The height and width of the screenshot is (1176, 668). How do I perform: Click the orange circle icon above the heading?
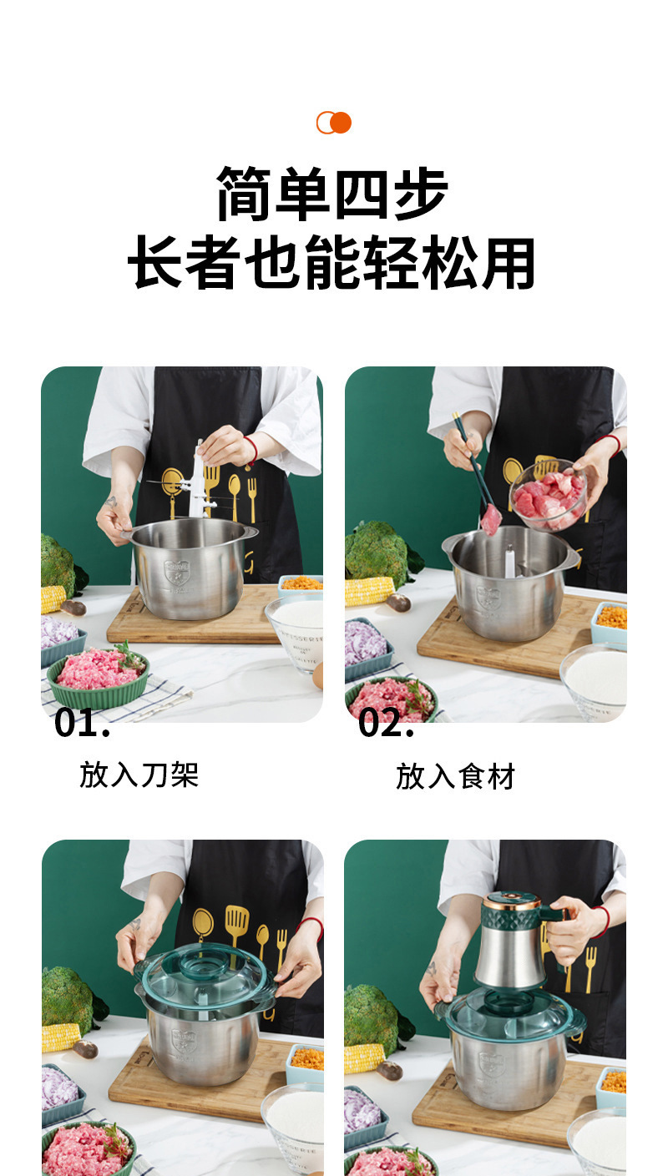click(x=334, y=123)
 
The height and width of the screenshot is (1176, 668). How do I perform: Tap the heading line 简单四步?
click(x=332, y=194)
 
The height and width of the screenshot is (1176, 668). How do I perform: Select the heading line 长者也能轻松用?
click(x=331, y=263)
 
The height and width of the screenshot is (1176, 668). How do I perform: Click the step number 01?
click(x=82, y=723)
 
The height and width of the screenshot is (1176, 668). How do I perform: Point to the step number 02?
click(x=386, y=723)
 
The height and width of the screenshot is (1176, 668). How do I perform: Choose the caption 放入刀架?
click(x=139, y=775)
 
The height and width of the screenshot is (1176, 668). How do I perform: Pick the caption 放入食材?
click(x=456, y=776)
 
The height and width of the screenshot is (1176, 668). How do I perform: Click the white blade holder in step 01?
click(x=199, y=482)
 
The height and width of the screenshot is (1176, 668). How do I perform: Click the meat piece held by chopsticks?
click(x=491, y=520)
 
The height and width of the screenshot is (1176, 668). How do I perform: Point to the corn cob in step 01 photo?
click(x=53, y=599)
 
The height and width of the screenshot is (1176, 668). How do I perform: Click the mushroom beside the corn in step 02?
click(x=397, y=602)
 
